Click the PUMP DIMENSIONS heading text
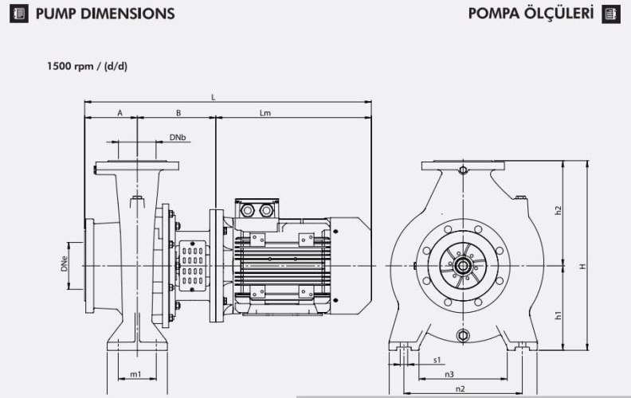(x=104, y=14)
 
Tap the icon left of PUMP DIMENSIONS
(x=22, y=14)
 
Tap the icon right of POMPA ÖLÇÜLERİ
(x=611, y=14)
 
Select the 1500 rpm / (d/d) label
(x=87, y=66)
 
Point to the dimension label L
(x=213, y=97)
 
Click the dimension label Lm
(x=265, y=113)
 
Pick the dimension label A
(x=120, y=113)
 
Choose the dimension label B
(x=178, y=113)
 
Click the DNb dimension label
(x=178, y=138)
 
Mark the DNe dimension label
(x=64, y=264)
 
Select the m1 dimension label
(x=135, y=374)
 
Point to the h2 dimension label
(x=558, y=210)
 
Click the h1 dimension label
(x=558, y=315)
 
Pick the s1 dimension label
(x=437, y=360)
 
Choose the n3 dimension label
(x=449, y=374)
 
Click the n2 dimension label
(x=460, y=388)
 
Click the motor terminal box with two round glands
(x=257, y=210)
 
